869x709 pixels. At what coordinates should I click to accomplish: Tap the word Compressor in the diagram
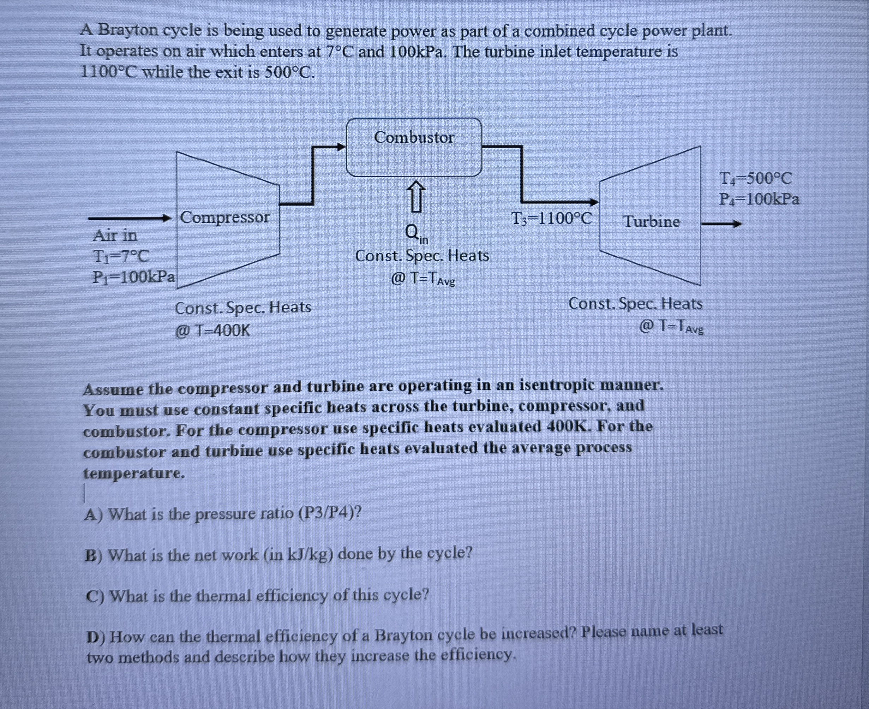tap(225, 217)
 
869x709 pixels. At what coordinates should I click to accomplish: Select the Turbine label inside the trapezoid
tap(652, 222)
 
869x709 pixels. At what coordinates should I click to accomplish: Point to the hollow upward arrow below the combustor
tap(415, 197)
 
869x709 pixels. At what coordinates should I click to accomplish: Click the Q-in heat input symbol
tap(416, 234)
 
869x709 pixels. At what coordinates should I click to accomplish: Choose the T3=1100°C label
tap(551, 219)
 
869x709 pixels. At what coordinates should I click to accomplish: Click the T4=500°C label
tap(755, 178)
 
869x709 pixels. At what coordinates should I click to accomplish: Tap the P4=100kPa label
tap(759, 199)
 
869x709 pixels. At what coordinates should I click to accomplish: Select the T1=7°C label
tap(121, 256)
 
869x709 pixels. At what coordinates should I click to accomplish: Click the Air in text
tap(115, 235)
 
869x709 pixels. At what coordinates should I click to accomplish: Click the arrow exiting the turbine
tap(721, 224)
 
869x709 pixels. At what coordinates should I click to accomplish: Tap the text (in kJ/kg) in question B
tap(298, 554)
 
